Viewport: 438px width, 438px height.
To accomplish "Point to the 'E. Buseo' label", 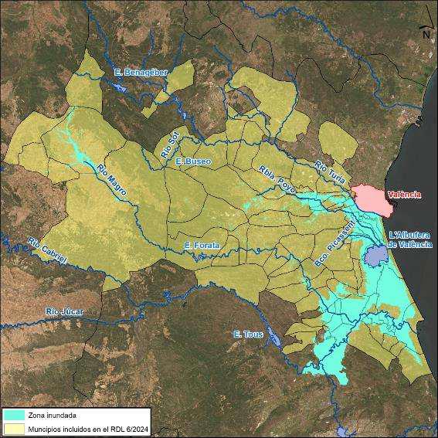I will tap(192, 161).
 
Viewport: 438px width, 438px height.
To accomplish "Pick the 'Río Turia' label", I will tap(331, 171).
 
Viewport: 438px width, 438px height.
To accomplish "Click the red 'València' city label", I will tap(404, 195).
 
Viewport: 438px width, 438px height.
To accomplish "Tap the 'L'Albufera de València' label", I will tap(409, 239).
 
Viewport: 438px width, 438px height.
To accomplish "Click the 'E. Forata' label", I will tap(202, 245).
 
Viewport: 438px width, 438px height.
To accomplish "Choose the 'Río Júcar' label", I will tap(63, 311).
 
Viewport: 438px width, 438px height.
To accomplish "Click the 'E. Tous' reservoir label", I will tap(248, 334).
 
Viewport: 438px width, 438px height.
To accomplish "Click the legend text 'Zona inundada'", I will tap(52, 416).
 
